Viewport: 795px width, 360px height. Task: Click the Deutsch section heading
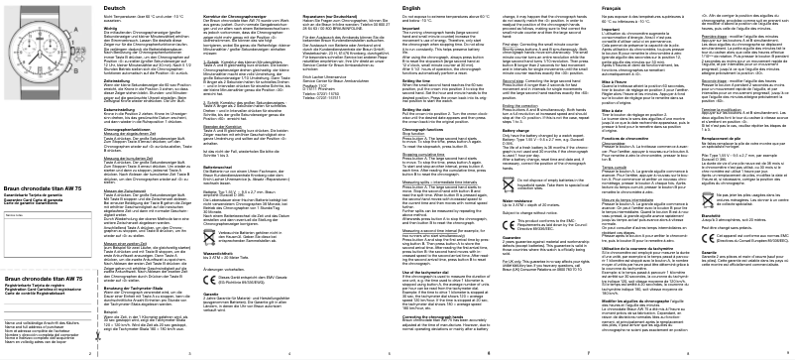115,8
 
